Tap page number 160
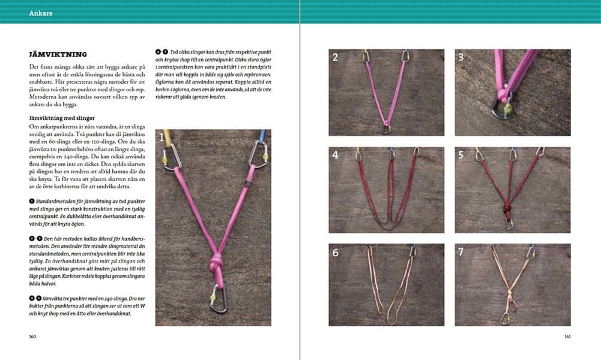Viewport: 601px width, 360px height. click(32, 336)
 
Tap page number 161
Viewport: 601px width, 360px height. click(567, 336)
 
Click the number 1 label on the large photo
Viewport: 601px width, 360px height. click(162, 138)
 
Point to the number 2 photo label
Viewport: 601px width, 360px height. click(335, 58)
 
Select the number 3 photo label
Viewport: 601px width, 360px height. click(461, 58)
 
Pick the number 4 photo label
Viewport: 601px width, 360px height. click(335, 155)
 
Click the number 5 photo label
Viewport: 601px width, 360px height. click(461, 155)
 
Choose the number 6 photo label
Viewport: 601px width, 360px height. click(335, 252)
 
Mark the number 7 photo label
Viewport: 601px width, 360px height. click(461, 252)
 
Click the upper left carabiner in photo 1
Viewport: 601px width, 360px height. click(172, 155)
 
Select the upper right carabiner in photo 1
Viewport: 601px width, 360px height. click(259, 154)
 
